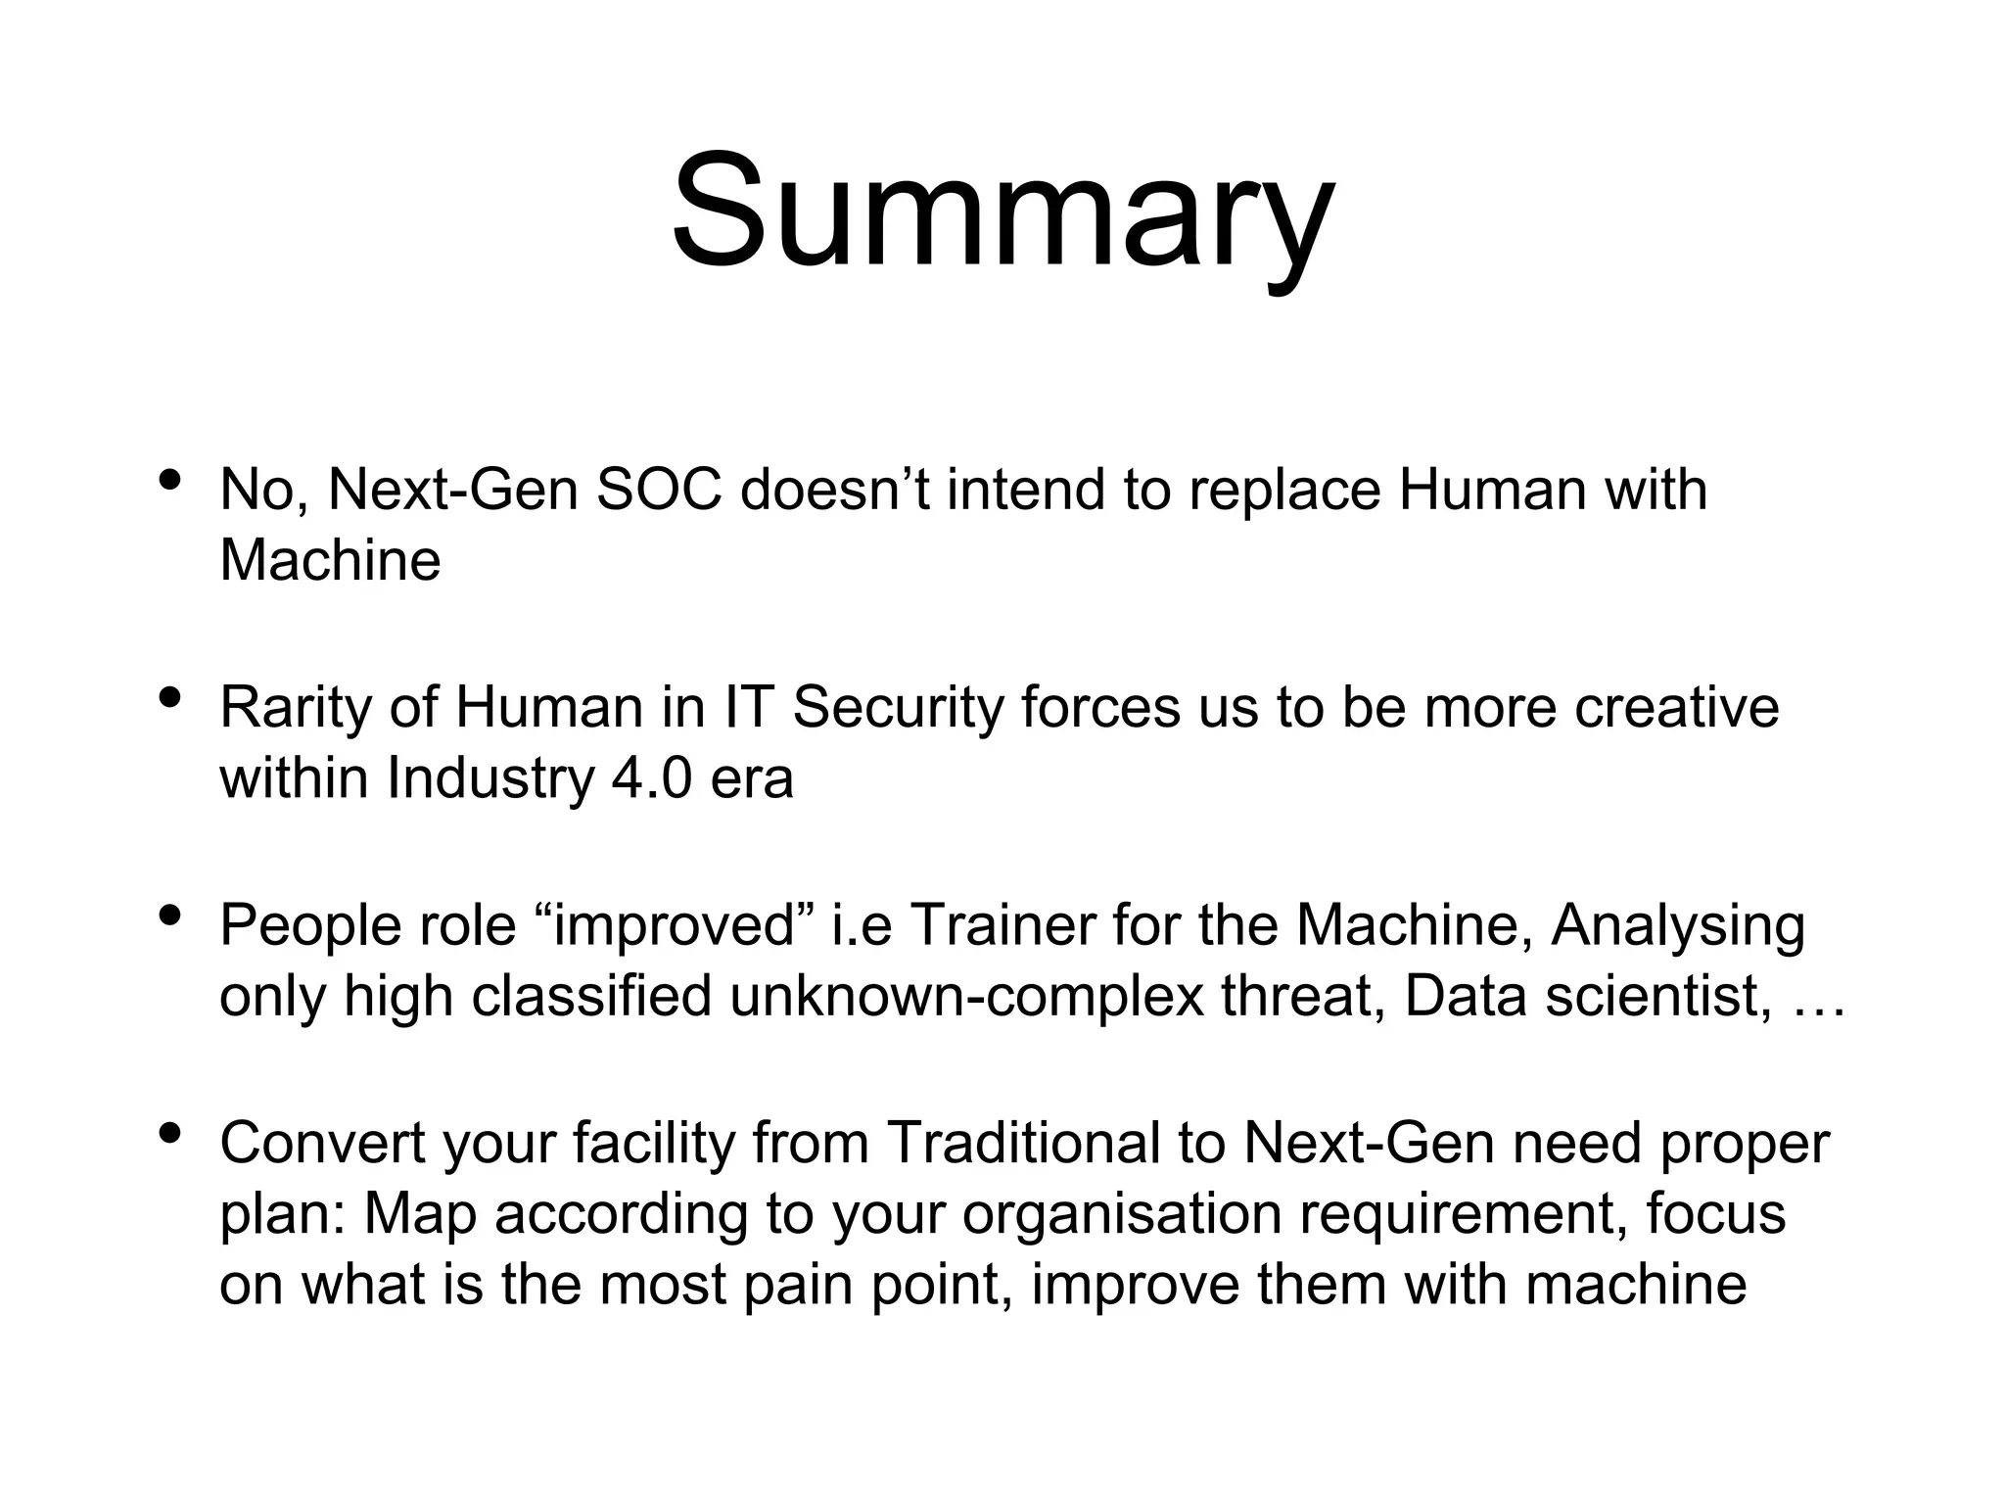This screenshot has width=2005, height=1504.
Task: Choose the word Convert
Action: (322, 1143)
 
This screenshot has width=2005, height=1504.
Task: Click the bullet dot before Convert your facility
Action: (169, 1134)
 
